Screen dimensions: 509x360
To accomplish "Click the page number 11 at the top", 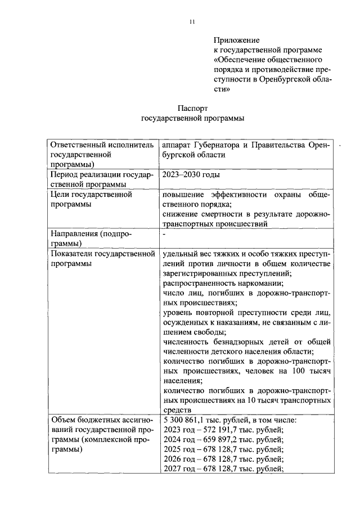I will tap(192, 21).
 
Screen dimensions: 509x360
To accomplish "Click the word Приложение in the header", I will tap(236, 40).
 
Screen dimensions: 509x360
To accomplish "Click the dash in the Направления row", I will tap(164, 233).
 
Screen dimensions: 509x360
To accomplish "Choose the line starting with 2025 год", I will tap(223, 450).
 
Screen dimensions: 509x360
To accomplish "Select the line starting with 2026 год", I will tap(223, 460).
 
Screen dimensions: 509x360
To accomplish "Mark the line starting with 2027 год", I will tap(223, 470).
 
